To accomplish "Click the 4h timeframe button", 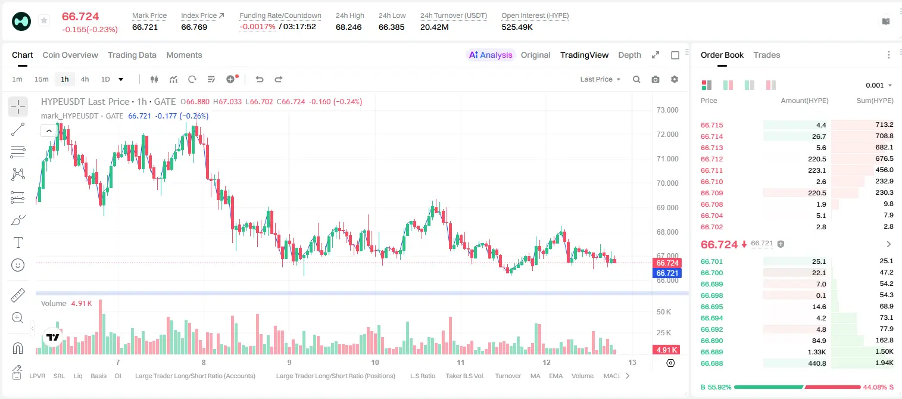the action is click(x=85, y=79).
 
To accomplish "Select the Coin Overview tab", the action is click(x=70, y=55).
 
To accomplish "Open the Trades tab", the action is click(x=767, y=55).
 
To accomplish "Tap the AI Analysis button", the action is click(x=491, y=55).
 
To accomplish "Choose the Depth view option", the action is click(x=629, y=55).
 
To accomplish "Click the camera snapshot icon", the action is click(x=656, y=79).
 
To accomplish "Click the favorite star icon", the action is click(x=44, y=20).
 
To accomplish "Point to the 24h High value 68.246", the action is click(x=349, y=27).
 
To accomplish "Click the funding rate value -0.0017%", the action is click(x=257, y=27).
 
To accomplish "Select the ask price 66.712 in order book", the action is click(x=711, y=159).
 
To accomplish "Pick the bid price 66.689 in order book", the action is click(x=711, y=352).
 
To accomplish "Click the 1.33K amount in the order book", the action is click(x=817, y=352).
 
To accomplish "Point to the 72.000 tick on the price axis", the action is click(x=667, y=135).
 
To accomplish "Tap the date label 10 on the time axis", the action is click(x=375, y=362).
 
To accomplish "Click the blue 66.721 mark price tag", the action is click(x=667, y=273).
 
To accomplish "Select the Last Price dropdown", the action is click(x=600, y=79).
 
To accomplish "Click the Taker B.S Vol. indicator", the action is click(x=464, y=376).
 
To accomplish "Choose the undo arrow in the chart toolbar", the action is click(x=260, y=79).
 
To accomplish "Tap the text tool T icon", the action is click(x=18, y=242).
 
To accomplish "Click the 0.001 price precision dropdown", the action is click(x=879, y=85).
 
